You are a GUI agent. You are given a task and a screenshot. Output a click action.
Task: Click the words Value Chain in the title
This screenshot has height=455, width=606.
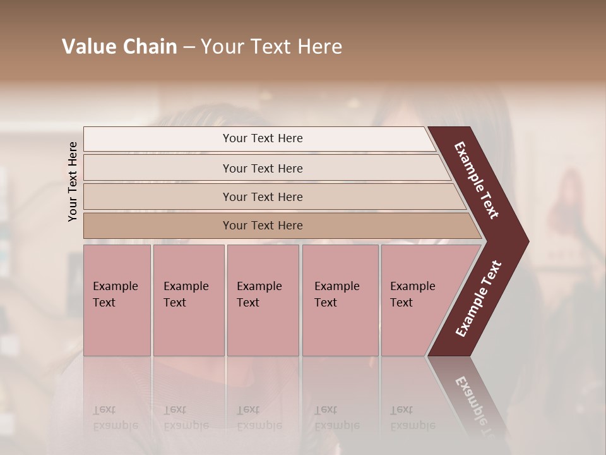point(119,47)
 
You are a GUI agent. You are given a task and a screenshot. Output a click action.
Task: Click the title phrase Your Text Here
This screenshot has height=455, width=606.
point(271,47)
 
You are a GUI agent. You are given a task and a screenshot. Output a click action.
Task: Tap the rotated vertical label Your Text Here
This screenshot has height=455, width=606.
point(73,181)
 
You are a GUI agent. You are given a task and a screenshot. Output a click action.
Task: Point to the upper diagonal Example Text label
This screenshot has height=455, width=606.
point(477,180)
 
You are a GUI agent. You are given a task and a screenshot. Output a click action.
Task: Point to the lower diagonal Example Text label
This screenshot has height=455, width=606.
point(478,298)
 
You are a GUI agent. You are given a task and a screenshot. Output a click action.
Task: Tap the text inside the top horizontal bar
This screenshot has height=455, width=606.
point(263,138)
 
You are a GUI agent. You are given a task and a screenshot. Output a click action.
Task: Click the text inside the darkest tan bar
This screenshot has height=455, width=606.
point(263,226)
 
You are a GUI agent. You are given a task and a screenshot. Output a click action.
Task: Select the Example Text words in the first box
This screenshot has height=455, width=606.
point(115,294)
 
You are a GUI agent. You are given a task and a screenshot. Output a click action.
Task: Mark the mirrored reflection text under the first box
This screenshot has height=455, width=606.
point(115,418)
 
